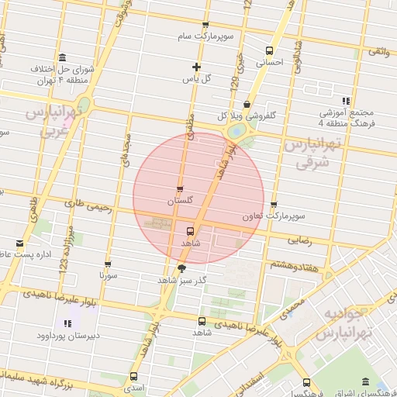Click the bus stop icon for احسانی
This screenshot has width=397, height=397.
[270, 49]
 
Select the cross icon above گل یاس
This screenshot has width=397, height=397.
[196, 67]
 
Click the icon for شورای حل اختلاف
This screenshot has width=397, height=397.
[62, 57]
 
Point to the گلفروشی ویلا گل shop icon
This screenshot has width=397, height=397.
[247, 104]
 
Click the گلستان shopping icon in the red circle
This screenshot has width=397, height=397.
[180, 188]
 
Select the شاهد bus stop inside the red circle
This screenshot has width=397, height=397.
[189, 230]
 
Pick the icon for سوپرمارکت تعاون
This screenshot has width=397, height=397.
[274, 205]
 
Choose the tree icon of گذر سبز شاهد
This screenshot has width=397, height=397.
[181, 268]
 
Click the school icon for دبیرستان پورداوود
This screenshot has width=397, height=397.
[67, 323]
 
